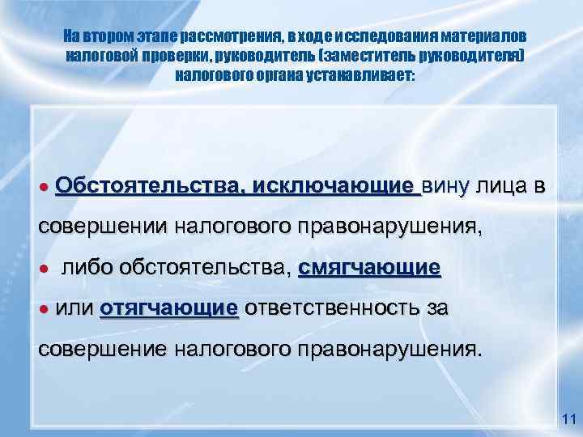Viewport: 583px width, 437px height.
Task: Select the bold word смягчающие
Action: click(x=369, y=267)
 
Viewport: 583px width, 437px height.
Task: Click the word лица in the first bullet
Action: click(x=496, y=187)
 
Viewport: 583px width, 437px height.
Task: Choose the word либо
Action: click(x=87, y=268)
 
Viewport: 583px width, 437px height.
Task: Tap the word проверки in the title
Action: click(x=162, y=56)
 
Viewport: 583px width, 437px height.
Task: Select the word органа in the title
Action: click(x=276, y=74)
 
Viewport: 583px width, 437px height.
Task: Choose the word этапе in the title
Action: click(x=159, y=38)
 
